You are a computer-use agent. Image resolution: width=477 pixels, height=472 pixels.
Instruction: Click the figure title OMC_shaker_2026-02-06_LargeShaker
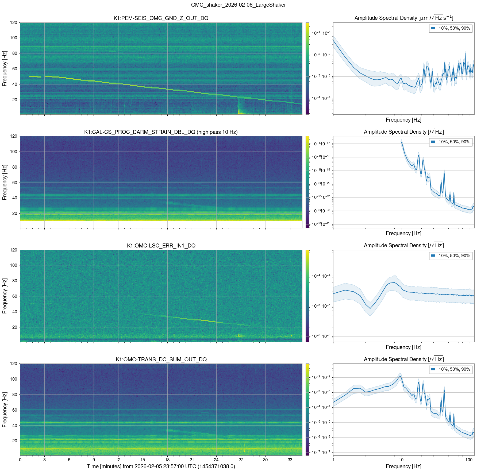coord(238,5)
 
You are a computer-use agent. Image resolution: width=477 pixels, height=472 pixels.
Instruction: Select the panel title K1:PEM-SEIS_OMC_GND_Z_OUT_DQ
coord(161,18)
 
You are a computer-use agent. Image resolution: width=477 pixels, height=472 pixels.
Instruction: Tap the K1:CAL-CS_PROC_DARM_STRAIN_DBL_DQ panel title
coord(161,132)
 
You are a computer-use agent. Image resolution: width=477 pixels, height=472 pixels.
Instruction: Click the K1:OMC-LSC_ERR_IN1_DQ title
coord(161,246)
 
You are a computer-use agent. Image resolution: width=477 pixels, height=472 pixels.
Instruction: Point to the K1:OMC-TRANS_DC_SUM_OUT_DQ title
coord(161,359)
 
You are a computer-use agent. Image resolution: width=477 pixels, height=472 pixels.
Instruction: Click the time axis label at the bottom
coord(161,466)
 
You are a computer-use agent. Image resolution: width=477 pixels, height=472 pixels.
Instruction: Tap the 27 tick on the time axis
coord(241,460)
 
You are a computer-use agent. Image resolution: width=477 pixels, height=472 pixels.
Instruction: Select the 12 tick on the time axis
coord(118,460)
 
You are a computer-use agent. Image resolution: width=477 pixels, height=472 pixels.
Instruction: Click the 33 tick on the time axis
coord(290,460)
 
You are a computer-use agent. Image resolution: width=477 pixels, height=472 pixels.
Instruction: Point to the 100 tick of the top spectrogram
coord(14,38)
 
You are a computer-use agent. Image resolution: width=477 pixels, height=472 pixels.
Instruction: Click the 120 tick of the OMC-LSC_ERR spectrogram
coord(14,250)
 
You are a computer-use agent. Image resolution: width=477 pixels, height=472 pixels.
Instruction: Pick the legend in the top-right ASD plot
coord(451,28)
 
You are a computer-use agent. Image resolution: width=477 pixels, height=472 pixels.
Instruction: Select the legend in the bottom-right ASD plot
coord(451,369)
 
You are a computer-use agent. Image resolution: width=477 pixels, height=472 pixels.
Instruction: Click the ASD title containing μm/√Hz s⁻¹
coord(404,18)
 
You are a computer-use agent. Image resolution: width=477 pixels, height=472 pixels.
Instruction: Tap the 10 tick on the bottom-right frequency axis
coord(401,460)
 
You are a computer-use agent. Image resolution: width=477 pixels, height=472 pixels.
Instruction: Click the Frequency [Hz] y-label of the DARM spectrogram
coord(5,182)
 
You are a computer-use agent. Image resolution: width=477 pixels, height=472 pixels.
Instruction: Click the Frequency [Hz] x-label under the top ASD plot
coord(403,120)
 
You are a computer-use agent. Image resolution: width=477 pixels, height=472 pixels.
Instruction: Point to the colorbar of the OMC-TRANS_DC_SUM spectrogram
coord(307,409)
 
